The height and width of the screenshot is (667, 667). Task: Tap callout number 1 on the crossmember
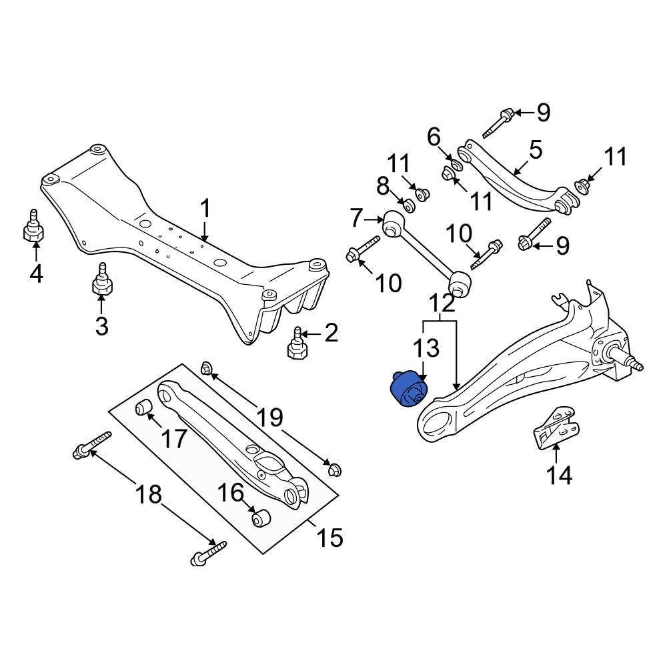click(205, 209)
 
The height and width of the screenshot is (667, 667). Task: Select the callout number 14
click(560, 475)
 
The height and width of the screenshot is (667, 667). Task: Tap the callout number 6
click(434, 137)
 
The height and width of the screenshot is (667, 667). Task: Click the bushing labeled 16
click(259, 518)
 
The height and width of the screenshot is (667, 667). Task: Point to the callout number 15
click(331, 536)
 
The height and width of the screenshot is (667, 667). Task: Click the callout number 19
click(270, 418)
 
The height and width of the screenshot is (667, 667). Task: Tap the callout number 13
click(426, 348)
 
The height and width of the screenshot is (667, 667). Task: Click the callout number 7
click(356, 217)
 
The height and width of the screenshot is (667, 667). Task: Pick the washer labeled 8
click(410, 205)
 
